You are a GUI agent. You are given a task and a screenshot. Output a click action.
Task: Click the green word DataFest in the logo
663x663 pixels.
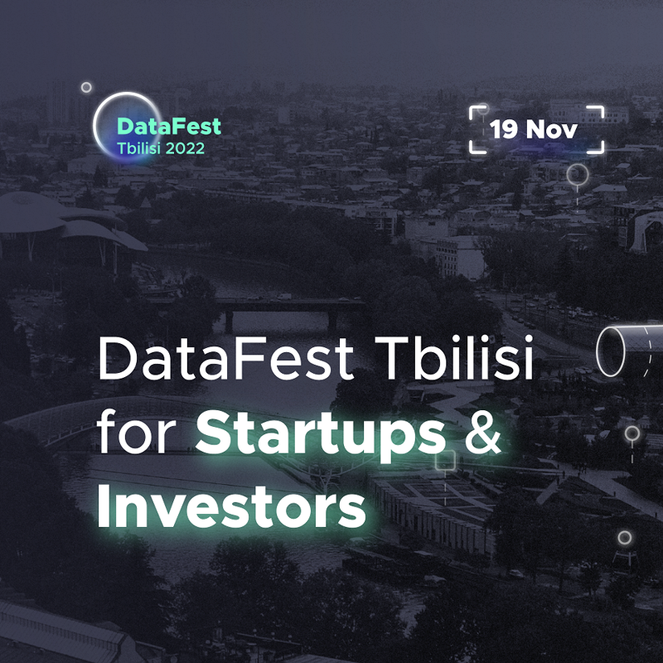tap(169, 127)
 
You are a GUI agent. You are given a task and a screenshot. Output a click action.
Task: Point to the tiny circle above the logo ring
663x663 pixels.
tap(85, 87)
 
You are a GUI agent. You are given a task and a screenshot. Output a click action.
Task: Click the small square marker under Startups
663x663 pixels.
tap(446, 461)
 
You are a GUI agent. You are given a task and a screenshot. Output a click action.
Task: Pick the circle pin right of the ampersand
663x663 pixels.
tap(632, 433)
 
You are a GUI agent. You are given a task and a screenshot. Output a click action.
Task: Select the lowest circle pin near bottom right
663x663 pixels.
tap(624, 538)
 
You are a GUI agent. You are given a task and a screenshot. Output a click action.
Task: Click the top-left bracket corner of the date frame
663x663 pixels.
tap(474, 109)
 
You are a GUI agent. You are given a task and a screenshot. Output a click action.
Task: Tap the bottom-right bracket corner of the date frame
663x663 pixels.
tap(599, 150)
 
